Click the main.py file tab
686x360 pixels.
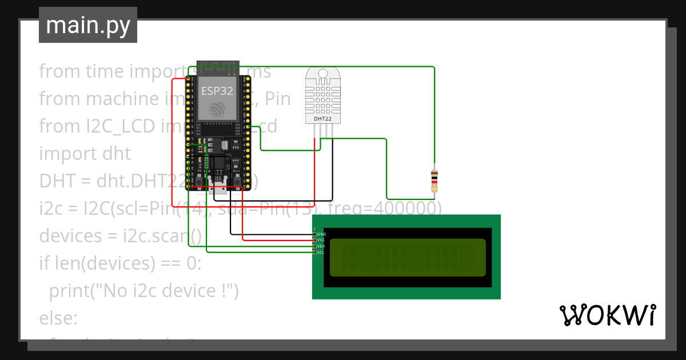click(x=88, y=25)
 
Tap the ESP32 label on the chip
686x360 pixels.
click(x=217, y=90)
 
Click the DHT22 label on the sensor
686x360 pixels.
click(x=322, y=119)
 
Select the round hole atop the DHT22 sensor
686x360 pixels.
click(x=322, y=74)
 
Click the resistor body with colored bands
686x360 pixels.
click(x=434, y=180)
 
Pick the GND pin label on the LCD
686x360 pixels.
click(x=321, y=234)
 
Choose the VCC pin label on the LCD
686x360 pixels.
click(x=321, y=240)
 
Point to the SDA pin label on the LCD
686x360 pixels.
click(x=321, y=246)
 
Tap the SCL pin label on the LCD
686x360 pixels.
click(x=321, y=252)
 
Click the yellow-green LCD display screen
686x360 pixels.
click(x=408, y=257)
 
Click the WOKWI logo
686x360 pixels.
click(x=607, y=315)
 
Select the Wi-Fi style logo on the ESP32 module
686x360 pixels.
click(x=217, y=109)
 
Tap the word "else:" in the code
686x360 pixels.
click(x=58, y=318)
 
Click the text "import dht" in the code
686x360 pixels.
click(x=85, y=154)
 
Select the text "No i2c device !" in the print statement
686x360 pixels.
click(x=162, y=291)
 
